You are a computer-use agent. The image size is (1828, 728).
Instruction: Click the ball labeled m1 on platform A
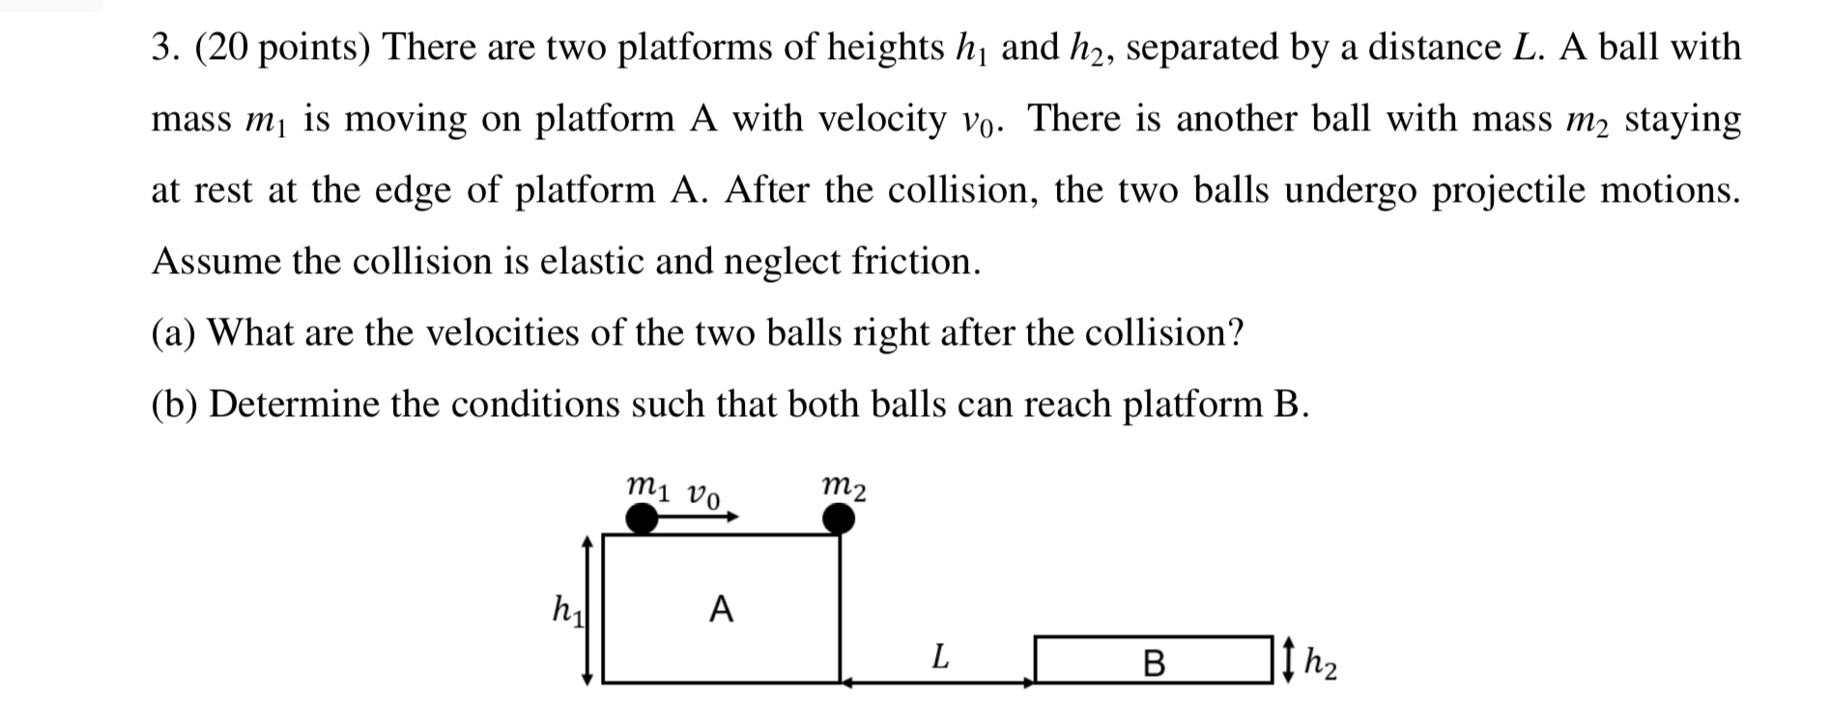coord(641,519)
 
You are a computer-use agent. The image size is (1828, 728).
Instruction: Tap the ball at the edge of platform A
coord(839,519)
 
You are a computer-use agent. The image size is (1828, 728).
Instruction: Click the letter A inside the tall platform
coord(721,610)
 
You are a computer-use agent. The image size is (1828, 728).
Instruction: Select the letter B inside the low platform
coord(1154,663)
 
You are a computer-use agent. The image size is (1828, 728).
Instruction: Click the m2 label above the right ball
coord(843,488)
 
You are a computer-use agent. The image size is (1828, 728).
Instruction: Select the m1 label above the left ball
coord(646,486)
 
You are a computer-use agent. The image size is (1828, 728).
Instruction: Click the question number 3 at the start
coord(161,46)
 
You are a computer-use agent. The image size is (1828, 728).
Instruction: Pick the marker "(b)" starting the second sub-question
coord(175,404)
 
